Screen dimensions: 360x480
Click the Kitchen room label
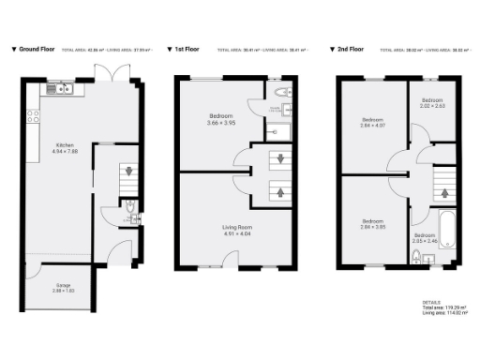(65, 145)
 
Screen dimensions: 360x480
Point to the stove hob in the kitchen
(34, 117)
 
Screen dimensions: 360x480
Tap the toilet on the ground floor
(131, 209)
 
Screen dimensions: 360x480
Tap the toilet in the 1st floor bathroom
(285, 92)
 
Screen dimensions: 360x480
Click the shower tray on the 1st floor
(285, 131)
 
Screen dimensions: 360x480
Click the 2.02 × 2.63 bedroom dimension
(431, 106)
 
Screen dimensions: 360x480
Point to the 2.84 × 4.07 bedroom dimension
(373, 125)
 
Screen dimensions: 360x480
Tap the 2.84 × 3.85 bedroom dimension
(373, 226)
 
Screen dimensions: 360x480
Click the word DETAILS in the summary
(432, 302)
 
